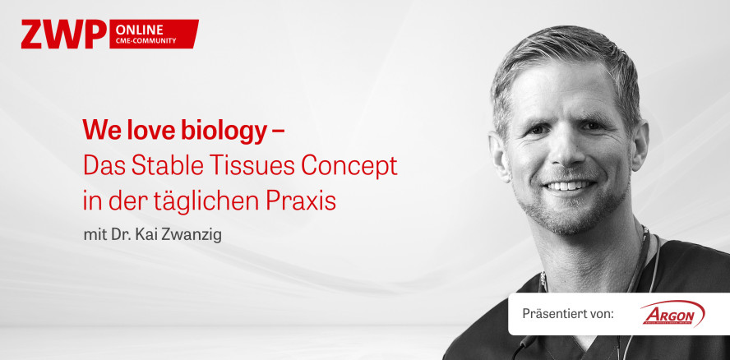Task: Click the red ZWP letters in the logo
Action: (63, 34)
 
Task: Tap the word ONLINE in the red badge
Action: (140, 28)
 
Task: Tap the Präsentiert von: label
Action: (568, 314)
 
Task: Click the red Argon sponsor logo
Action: (672, 313)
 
